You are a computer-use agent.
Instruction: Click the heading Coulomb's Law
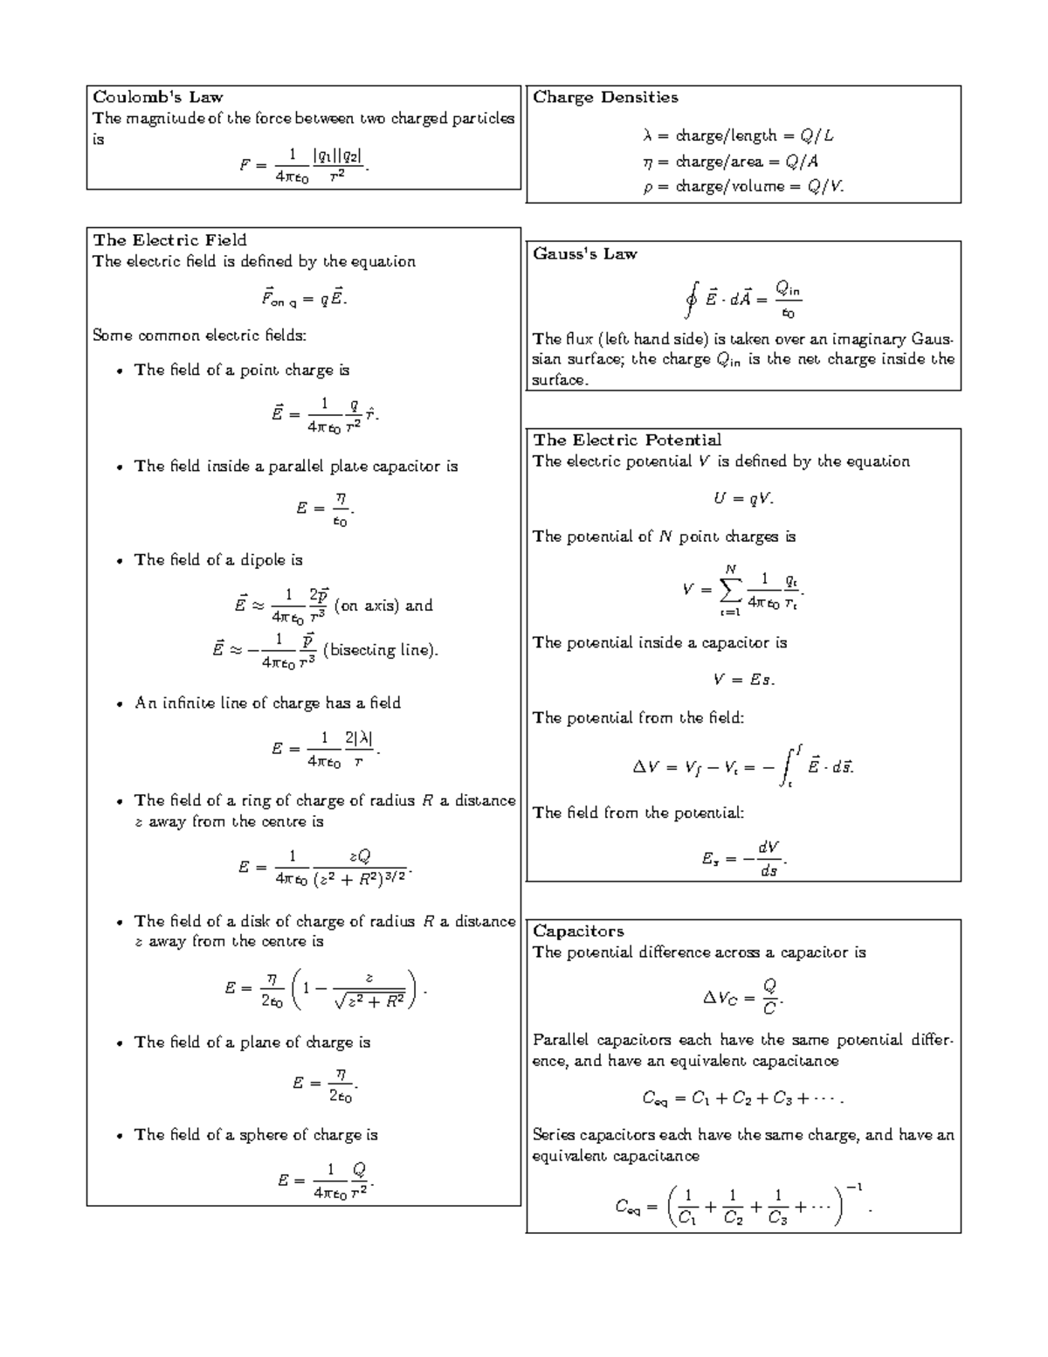click(x=157, y=97)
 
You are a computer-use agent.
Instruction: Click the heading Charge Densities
click(x=605, y=97)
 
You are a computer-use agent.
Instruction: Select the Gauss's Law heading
click(x=584, y=253)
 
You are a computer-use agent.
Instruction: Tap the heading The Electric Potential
click(x=626, y=440)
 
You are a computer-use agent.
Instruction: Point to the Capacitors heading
click(x=578, y=931)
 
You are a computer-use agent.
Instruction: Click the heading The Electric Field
click(x=169, y=239)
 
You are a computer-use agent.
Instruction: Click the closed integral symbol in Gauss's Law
click(x=691, y=301)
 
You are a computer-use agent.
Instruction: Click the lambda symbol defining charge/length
click(x=647, y=135)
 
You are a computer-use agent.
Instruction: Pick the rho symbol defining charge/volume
click(x=647, y=187)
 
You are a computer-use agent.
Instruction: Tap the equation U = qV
click(x=743, y=499)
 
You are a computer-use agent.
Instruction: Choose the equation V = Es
click(x=743, y=680)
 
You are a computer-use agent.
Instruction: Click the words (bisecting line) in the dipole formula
click(x=380, y=650)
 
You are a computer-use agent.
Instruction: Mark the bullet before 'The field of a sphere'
click(x=120, y=1136)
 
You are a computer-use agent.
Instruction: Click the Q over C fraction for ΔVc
click(x=769, y=997)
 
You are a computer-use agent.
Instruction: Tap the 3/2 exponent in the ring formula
click(x=395, y=875)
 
